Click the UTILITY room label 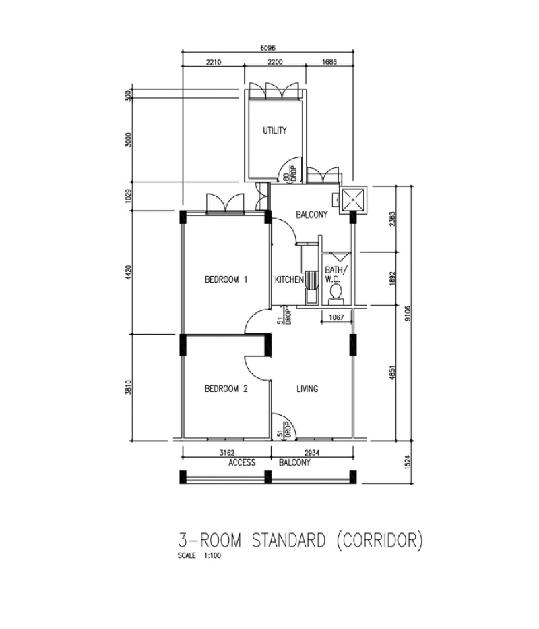[275, 130]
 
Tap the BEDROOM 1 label [226, 279]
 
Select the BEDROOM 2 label [226, 389]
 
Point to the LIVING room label [307, 389]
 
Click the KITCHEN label [289, 279]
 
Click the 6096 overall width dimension [268, 48]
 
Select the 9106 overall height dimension [408, 314]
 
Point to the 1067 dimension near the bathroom [336, 317]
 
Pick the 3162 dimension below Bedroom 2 [227, 453]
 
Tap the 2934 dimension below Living [312, 453]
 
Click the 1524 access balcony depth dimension [408, 462]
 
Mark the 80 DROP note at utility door [290, 175]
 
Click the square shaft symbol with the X [352, 199]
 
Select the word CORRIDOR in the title [379, 541]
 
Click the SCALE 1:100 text [199, 556]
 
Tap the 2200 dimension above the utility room [275, 62]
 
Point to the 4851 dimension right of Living [392, 373]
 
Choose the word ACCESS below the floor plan [242, 463]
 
